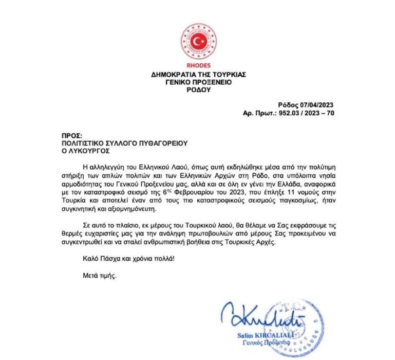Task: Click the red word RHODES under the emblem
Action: pos(198,65)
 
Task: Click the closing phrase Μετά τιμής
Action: pos(100,276)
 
